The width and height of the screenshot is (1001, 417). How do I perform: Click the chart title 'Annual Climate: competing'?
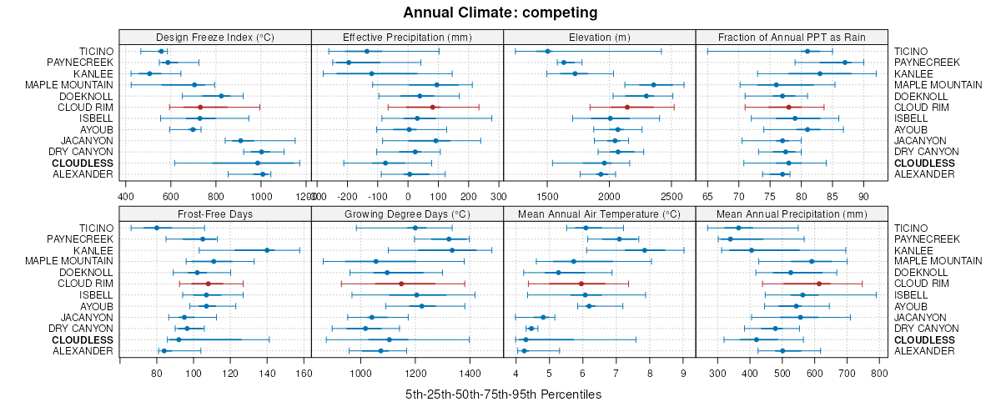(500, 13)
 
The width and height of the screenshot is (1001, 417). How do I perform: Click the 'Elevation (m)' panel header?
(599, 38)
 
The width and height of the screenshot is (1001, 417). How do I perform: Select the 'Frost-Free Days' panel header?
(215, 214)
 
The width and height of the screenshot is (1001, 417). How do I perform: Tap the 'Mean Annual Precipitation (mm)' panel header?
(791, 214)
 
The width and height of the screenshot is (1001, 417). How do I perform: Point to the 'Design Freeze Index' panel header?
(215, 38)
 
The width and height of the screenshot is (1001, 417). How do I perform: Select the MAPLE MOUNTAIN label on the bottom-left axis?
(69, 262)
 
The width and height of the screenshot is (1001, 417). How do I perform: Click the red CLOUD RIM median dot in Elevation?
(627, 107)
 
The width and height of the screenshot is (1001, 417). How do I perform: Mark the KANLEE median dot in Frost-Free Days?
(267, 250)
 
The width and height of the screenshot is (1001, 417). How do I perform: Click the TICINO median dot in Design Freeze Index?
(162, 52)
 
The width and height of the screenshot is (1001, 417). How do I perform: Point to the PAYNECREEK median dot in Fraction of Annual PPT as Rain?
(845, 63)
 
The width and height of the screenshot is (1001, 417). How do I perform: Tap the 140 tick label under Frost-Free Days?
(267, 373)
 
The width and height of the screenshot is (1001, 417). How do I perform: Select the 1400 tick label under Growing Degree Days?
(470, 373)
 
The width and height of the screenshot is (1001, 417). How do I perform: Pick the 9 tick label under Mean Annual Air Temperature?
(683, 373)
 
